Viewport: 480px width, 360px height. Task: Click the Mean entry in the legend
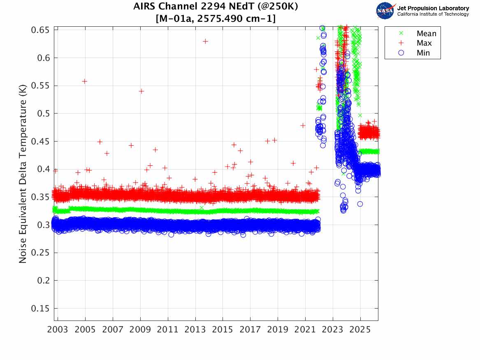tap(426, 34)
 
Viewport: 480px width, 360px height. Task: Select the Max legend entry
tap(424, 43)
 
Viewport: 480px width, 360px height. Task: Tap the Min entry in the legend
tap(423, 53)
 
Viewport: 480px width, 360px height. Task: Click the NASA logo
tap(385, 11)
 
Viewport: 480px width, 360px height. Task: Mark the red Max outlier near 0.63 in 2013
tap(205, 41)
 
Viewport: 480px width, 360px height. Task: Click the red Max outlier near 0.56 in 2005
tap(84, 81)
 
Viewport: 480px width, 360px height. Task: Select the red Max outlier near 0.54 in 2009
tap(141, 91)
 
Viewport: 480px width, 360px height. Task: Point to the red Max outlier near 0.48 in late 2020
tap(303, 125)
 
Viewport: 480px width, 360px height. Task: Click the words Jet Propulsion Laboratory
tap(433, 8)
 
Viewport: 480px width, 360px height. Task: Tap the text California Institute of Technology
tap(433, 14)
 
